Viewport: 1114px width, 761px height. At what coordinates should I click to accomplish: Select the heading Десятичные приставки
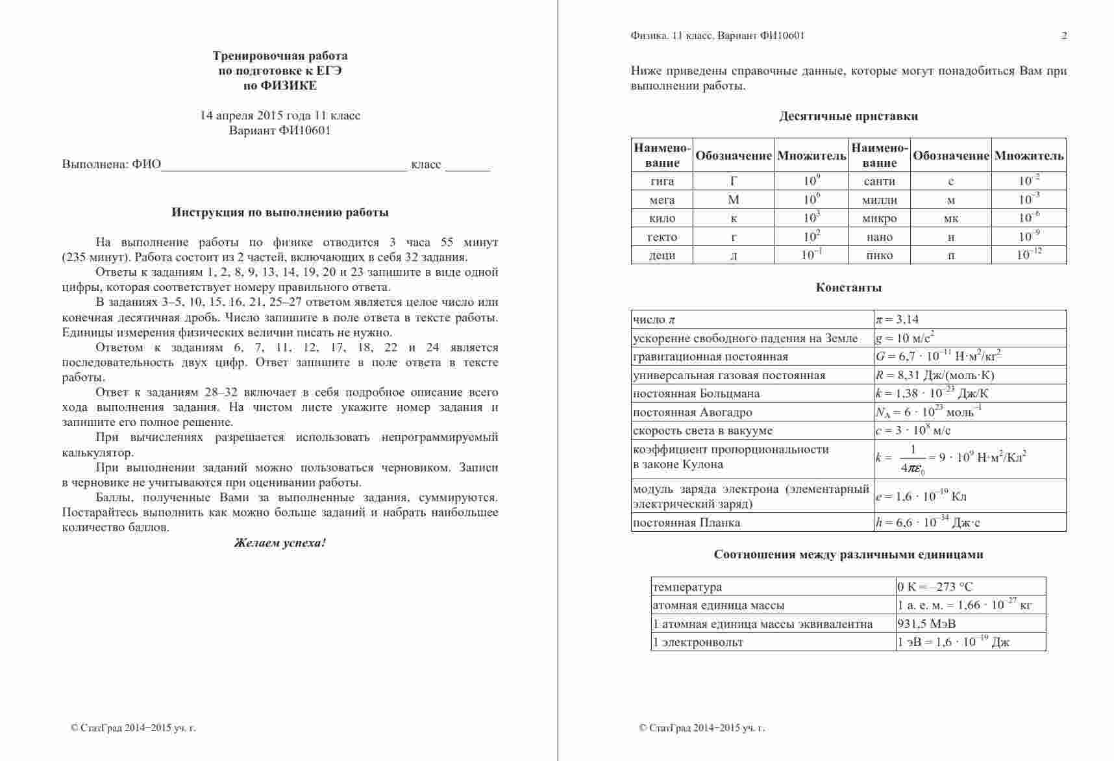848,117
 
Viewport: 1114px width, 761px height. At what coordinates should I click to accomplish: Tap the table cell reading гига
662,181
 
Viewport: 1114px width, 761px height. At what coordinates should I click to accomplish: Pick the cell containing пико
880,255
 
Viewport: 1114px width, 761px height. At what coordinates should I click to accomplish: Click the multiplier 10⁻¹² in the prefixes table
1028,255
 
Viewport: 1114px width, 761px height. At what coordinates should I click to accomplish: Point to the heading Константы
848,288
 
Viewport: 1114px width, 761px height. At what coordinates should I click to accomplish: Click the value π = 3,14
897,319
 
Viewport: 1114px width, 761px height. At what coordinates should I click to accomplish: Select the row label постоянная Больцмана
696,393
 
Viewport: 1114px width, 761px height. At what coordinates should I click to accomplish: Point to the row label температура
687,587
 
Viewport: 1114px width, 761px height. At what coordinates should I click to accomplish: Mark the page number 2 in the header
1064,36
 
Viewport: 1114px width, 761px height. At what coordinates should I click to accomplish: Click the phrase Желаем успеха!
280,543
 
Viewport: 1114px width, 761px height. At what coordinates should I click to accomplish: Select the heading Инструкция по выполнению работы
280,212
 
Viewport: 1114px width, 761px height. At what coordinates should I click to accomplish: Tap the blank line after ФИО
284,166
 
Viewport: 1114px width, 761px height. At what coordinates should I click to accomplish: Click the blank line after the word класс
467,166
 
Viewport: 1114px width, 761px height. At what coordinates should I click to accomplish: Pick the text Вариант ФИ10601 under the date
280,131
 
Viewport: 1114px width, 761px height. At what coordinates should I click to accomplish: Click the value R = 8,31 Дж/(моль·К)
935,375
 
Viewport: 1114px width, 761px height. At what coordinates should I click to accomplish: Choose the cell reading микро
880,218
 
